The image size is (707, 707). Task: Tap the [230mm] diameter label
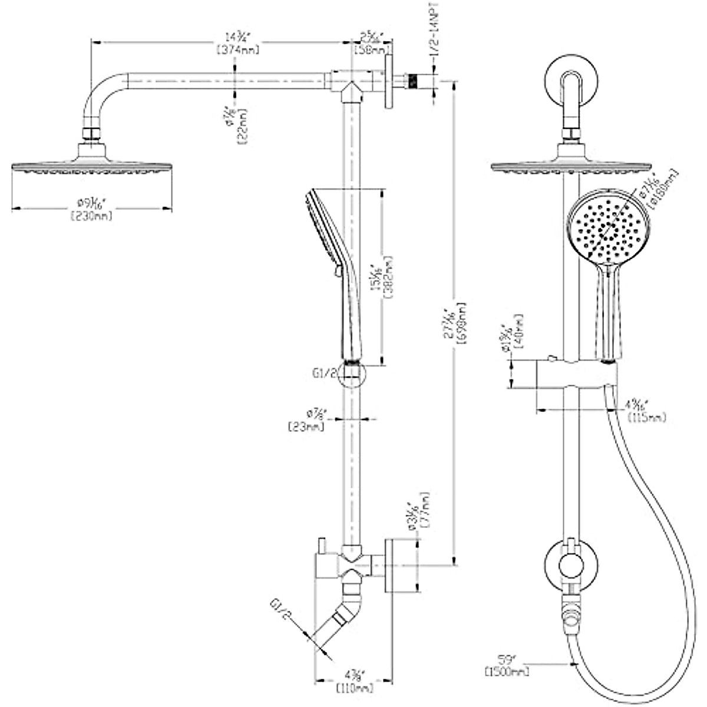point(91,216)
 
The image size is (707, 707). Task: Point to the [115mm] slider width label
point(647,418)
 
